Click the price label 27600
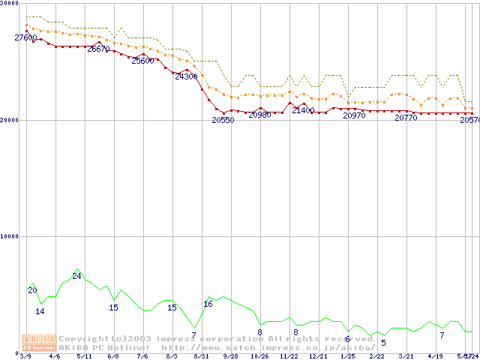pyautogui.click(x=25, y=37)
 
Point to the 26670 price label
pyautogui.click(x=98, y=49)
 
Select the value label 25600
pyautogui.click(x=142, y=61)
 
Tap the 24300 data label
pyautogui.click(x=186, y=76)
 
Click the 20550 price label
pyautogui.click(x=223, y=120)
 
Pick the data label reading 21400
pyautogui.click(x=303, y=110)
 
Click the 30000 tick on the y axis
pyautogui.click(x=10, y=4)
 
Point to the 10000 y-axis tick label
pyautogui.click(x=10, y=236)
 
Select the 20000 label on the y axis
pyautogui.click(x=10, y=120)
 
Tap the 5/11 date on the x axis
pyautogui.click(x=83, y=356)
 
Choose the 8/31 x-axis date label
pyautogui.click(x=200, y=356)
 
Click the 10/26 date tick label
pyautogui.click(x=259, y=356)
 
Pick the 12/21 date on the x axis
pyautogui.click(x=318, y=356)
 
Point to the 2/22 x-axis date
pyautogui.click(x=376, y=356)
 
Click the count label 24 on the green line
pyautogui.click(x=76, y=276)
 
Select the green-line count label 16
pyautogui.click(x=208, y=304)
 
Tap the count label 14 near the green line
pyautogui.click(x=40, y=311)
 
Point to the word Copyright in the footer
pyautogui.click(x=85, y=338)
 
